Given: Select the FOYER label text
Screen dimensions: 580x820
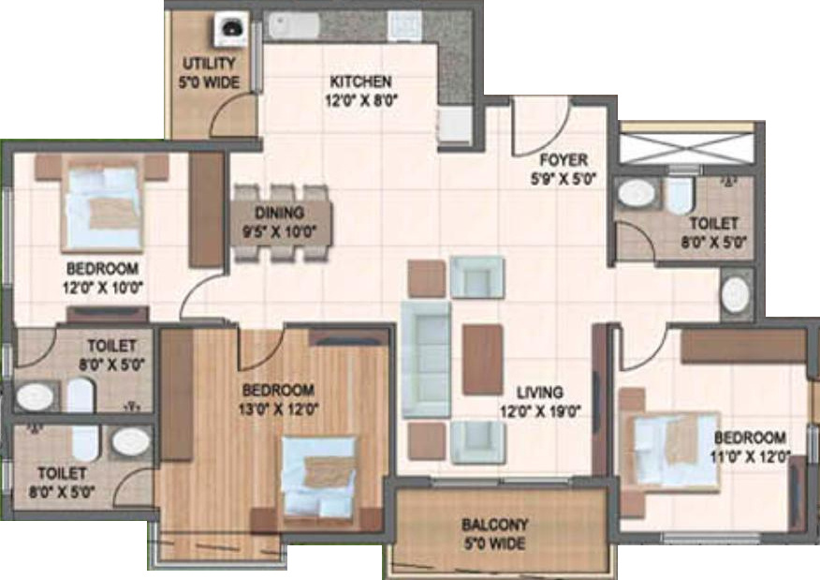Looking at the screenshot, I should tap(564, 160).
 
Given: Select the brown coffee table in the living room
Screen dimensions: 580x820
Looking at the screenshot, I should tap(480, 359).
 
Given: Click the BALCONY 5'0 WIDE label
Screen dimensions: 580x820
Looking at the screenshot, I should tap(495, 534).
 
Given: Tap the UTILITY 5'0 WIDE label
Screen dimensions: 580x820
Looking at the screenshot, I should tap(211, 73).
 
